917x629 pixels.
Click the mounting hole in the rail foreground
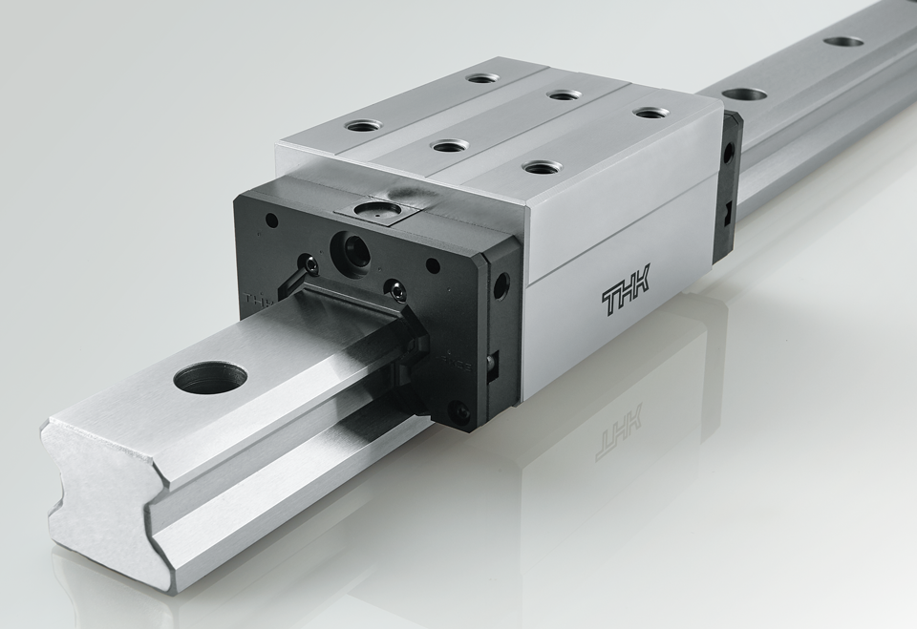pos(210,377)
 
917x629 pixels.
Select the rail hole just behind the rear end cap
pos(745,94)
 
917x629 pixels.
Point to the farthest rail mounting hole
pos(843,42)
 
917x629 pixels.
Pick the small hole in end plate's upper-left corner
pos(272,220)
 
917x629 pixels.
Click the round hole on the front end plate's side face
pos(501,284)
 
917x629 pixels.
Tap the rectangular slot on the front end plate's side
pos(492,366)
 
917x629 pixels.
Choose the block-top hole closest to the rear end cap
pos(650,113)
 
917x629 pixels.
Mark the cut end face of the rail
pos(100,496)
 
